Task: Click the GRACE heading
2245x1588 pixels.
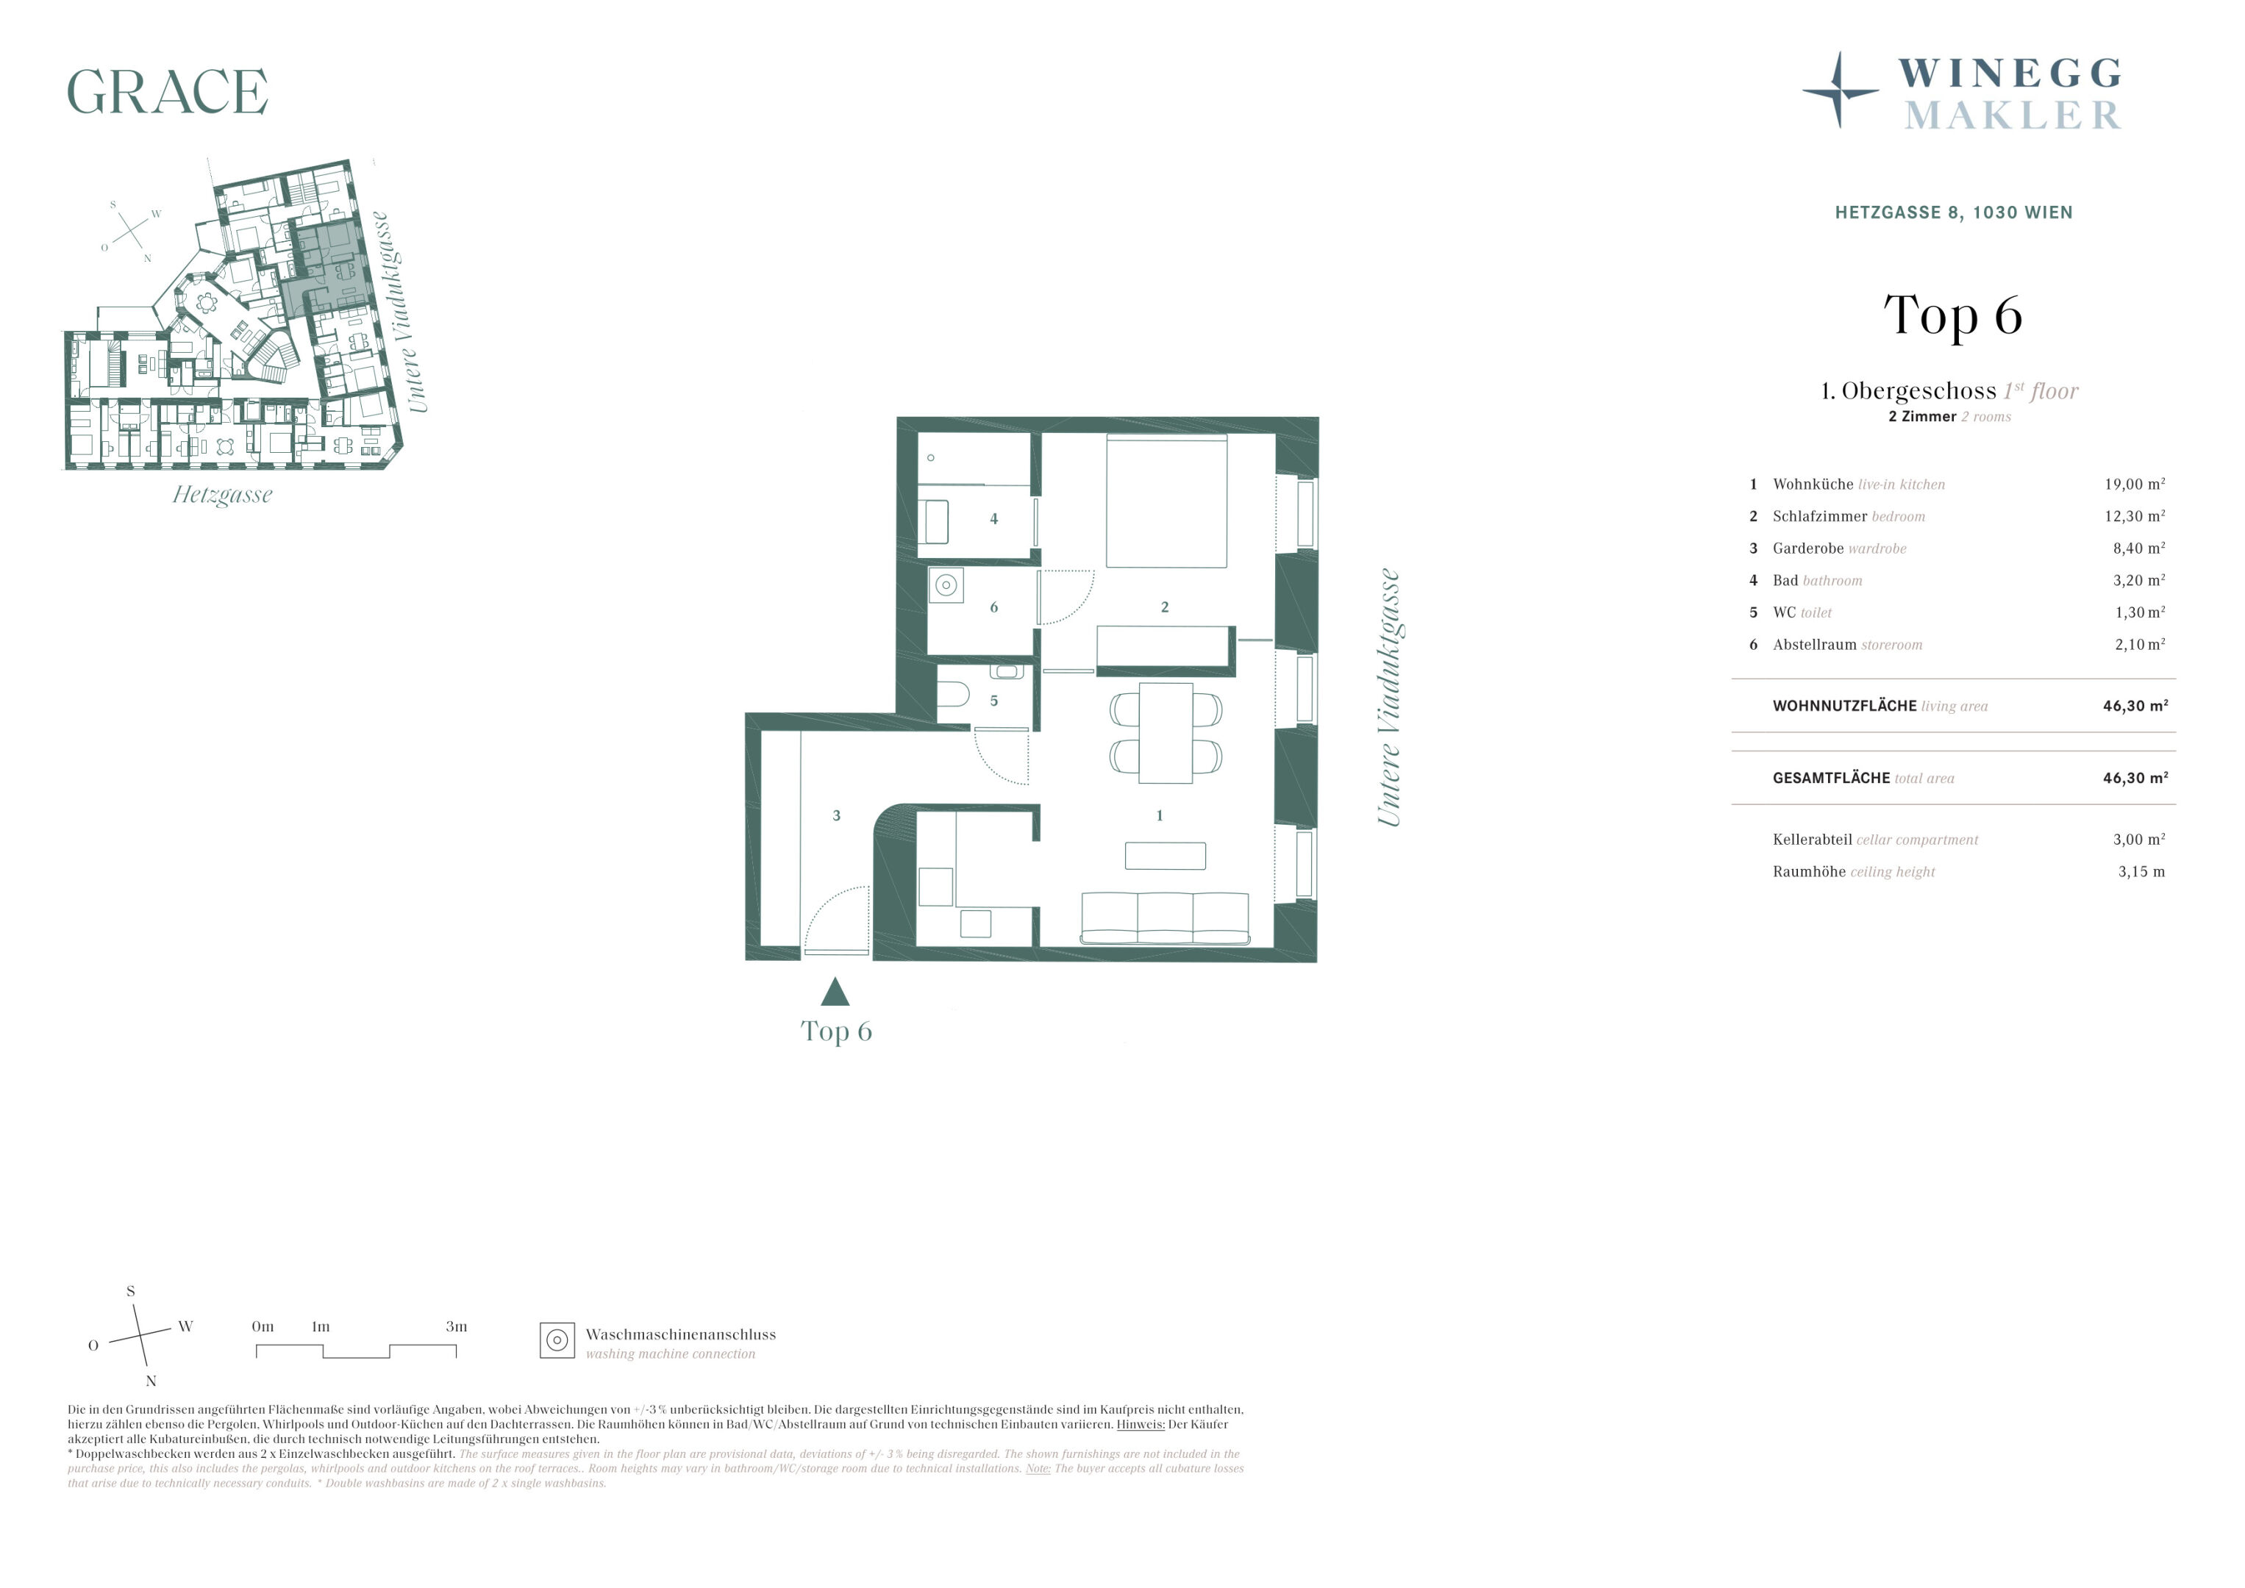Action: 167,92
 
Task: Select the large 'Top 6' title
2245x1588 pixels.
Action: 1952,315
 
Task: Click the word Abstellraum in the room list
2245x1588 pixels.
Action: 1814,645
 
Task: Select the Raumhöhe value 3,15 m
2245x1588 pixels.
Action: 2141,871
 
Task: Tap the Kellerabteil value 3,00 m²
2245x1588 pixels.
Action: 2138,839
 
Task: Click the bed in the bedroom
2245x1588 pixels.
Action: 1166,501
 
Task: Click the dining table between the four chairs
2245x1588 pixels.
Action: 1166,732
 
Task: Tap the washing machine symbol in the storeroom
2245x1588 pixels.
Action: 946,584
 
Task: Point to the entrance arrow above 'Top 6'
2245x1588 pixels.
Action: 835,992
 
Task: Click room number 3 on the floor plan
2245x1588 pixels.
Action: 836,815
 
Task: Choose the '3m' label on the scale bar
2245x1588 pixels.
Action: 457,1327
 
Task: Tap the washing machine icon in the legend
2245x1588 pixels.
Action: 557,1340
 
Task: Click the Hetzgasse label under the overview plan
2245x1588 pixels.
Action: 222,495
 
